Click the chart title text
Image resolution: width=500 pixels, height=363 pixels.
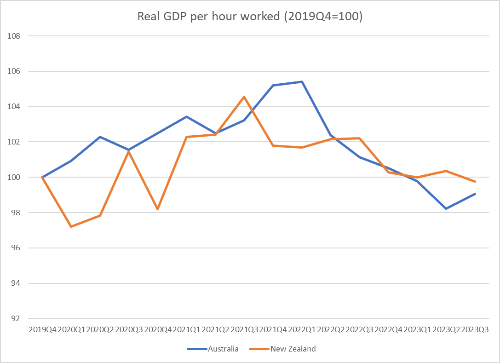coord(250,17)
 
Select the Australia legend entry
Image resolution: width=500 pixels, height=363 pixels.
coord(223,349)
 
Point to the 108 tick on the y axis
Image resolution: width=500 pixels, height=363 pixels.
coord(15,36)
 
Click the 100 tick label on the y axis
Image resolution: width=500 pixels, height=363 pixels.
coord(15,178)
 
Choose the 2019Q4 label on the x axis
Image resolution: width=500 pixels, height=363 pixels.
coord(42,330)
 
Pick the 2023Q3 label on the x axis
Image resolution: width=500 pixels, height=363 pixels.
coord(475,330)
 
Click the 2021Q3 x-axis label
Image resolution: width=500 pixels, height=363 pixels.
coord(244,330)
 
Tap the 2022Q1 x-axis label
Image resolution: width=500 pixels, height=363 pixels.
coord(302,330)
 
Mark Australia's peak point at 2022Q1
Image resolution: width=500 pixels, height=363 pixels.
coord(302,81)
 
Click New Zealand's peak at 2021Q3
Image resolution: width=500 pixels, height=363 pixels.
coord(244,97)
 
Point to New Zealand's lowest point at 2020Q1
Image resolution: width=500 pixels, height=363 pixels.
coord(71,226)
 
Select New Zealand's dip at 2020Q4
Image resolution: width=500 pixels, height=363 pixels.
coord(158,209)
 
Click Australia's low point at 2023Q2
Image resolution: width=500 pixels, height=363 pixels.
coord(446,208)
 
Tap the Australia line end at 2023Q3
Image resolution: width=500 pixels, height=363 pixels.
coord(475,194)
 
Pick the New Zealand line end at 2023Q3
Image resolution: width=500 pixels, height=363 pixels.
coord(475,182)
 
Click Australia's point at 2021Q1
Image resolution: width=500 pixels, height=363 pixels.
coord(186,116)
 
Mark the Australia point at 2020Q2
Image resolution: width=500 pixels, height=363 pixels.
coord(100,137)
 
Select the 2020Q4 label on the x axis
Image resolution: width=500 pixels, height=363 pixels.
coord(158,330)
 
